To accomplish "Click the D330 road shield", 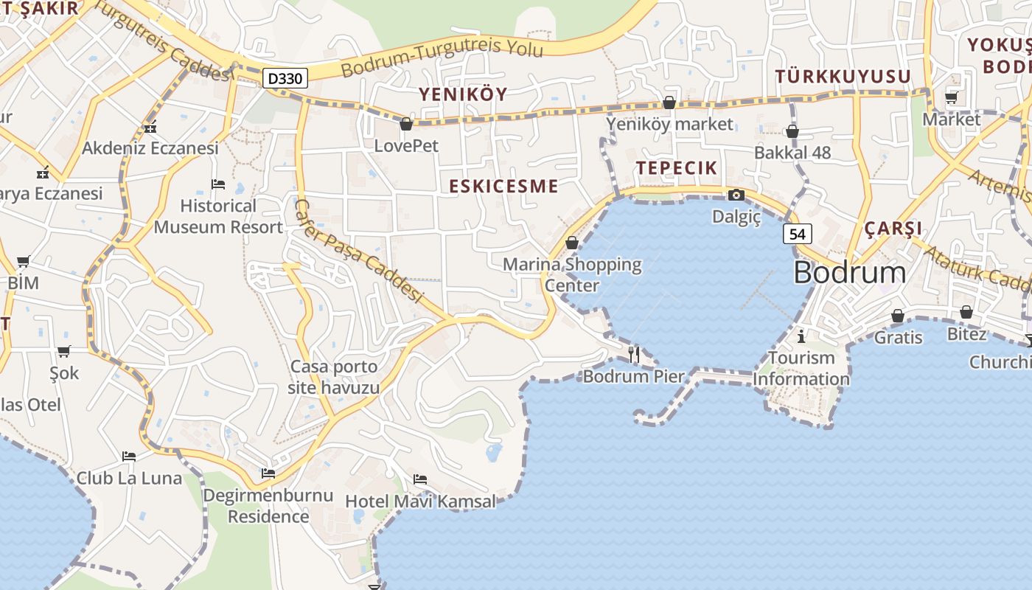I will (285, 78).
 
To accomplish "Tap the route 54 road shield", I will (797, 234).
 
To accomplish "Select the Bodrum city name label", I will (849, 273).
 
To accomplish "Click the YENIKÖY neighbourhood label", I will (463, 94).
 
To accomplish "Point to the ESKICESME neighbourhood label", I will (503, 186).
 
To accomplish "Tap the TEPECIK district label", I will (677, 167).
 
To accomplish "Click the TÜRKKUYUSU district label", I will (843, 77).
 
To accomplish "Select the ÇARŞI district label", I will (893, 228).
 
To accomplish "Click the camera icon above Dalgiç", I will (736, 195).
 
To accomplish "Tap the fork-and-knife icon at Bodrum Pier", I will (634, 354).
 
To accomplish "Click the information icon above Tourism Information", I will (802, 337).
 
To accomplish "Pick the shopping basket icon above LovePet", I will (405, 124).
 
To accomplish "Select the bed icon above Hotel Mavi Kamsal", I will (420, 479).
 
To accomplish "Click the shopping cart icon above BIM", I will (23, 261).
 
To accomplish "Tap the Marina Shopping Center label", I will (572, 274).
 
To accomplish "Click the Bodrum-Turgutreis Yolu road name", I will (442, 58).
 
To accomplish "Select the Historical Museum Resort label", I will (218, 216).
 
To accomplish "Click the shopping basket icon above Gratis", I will (897, 316).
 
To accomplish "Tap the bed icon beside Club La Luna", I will (129, 456).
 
